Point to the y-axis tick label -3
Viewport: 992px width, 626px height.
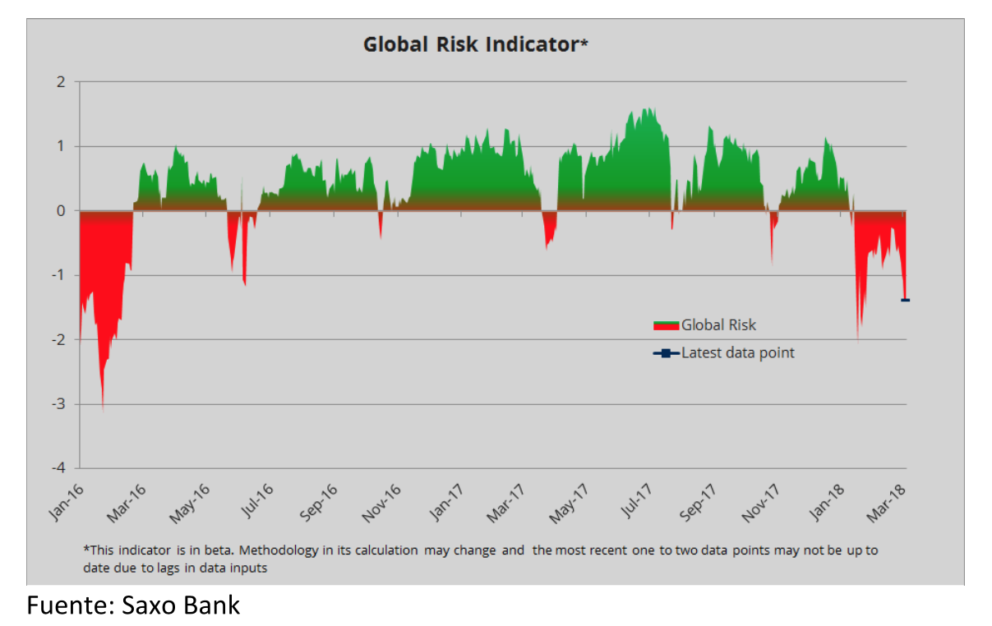coord(58,404)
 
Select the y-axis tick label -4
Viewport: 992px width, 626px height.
coord(58,468)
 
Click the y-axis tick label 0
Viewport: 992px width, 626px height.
coord(61,211)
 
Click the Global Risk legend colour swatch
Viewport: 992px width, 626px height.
coord(666,325)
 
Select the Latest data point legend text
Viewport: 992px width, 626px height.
coord(737,353)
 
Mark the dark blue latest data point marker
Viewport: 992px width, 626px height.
coord(905,300)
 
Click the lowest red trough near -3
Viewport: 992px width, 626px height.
coord(103,408)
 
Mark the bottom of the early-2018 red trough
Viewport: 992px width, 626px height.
coord(858,339)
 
